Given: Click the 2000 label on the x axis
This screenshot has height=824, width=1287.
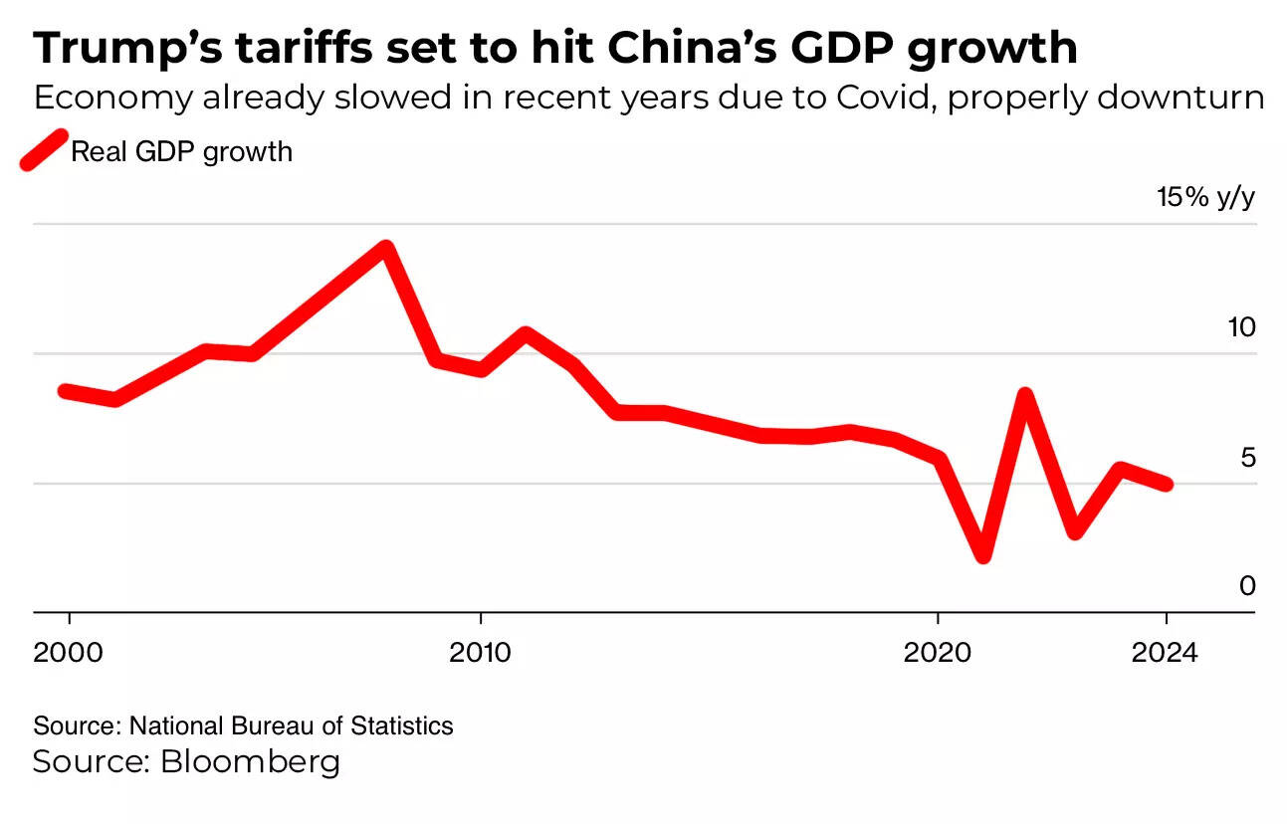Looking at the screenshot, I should tap(69, 653).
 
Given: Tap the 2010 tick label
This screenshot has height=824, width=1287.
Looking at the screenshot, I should tap(480, 653).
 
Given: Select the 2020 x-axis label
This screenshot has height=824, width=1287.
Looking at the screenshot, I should tap(937, 653).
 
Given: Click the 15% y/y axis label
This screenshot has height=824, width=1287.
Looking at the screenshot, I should tap(1205, 197).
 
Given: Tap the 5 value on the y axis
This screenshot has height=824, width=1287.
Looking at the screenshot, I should tap(1247, 458).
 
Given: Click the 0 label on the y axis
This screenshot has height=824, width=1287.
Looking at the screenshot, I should tap(1247, 586).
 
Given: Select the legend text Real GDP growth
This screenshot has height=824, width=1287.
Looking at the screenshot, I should tap(181, 151).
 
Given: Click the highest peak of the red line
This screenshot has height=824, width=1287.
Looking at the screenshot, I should tap(386, 248).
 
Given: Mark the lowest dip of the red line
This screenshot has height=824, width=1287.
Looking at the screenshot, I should tap(983, 554).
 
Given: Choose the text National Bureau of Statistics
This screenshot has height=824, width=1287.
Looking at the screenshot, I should tap(291, 725).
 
